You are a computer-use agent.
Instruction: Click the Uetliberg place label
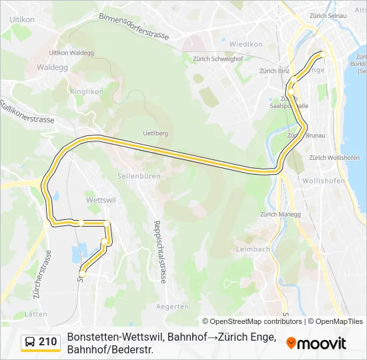tap(154, 133)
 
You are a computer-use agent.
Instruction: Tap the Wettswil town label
tap(101, 199)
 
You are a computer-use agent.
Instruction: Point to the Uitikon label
tap(22, 20)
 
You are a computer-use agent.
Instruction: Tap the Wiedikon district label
tap(246, 44)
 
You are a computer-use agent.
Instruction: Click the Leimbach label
tap(253, 249)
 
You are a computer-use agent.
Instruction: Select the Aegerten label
tap(171, 307)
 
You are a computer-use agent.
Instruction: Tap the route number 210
tap(47, 342)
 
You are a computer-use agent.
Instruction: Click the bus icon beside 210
tap(30, 342)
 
